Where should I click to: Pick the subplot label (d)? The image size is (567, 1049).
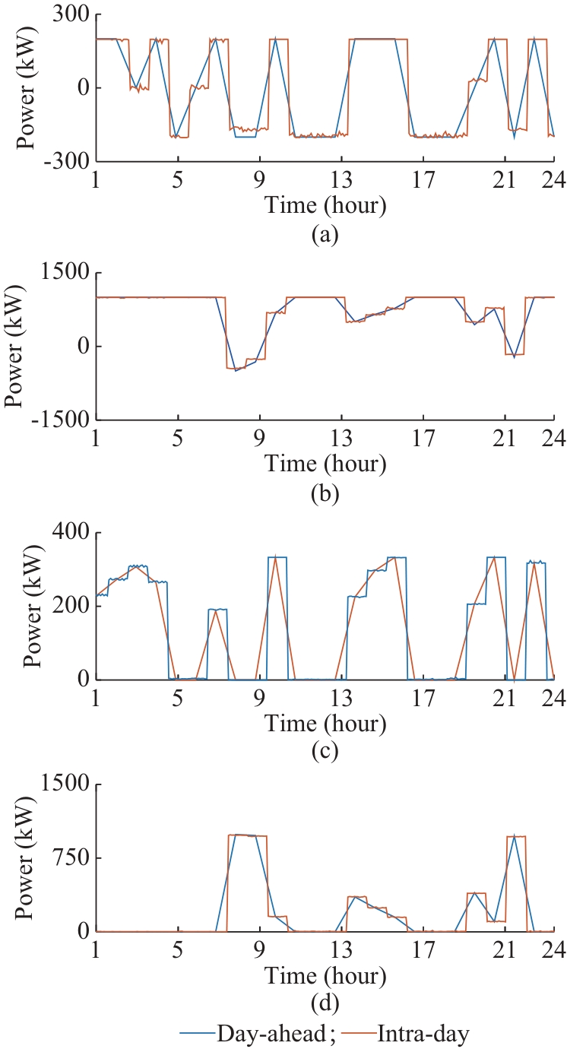[325, 1003]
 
